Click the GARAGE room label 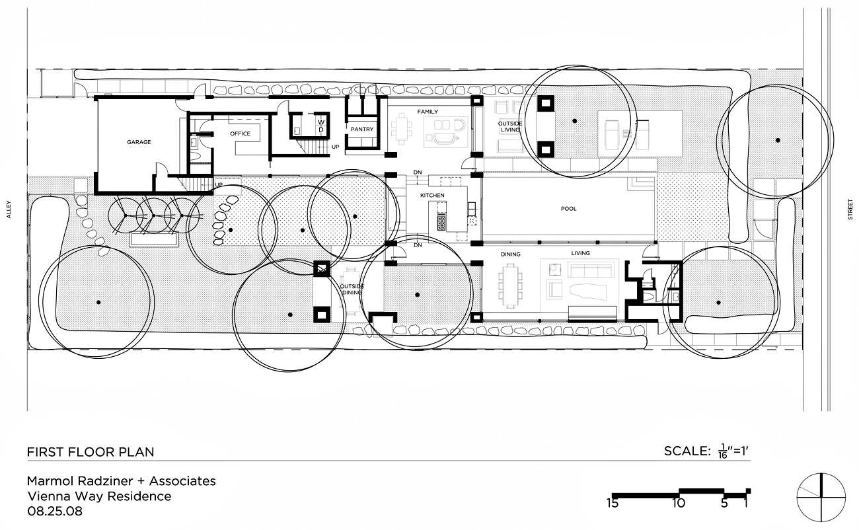pyautogui.click(x=139, y=142)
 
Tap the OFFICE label pyautogui.click(x=240, y=133)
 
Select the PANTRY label pyautogui.click(x=362, y=130)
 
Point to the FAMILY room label pyautogui.click(x=428, y=112)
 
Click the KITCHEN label pyautogui.click(x=432, y=195)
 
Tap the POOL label pyautogui.click(x=569, y=209)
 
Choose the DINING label pyautogui.click(x=510, y=254)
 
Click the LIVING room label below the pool pyautogui.click(x=580, y=253)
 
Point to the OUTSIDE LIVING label pyautogui.click(x=510, y=127)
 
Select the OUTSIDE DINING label pyautogui.click(x=352, y=289)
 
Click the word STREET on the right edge pyautogui.click(x=850, y=209)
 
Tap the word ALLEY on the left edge pyautogui.click(x=9, y=209)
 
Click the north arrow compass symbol pyautogui.click(x=821, y=498)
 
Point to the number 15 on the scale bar pyautogui.click(x=613, y=503)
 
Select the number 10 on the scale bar pyautogui.click(x=679, y=503)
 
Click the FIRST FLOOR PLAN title pyautogui.click(x=91, y=452)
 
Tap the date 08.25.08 pyautogui.click(x=55, y=511)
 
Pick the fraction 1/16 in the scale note pyautogui.click(x=723, y=451)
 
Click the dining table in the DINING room pyautogui.click(x=510, y=285)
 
